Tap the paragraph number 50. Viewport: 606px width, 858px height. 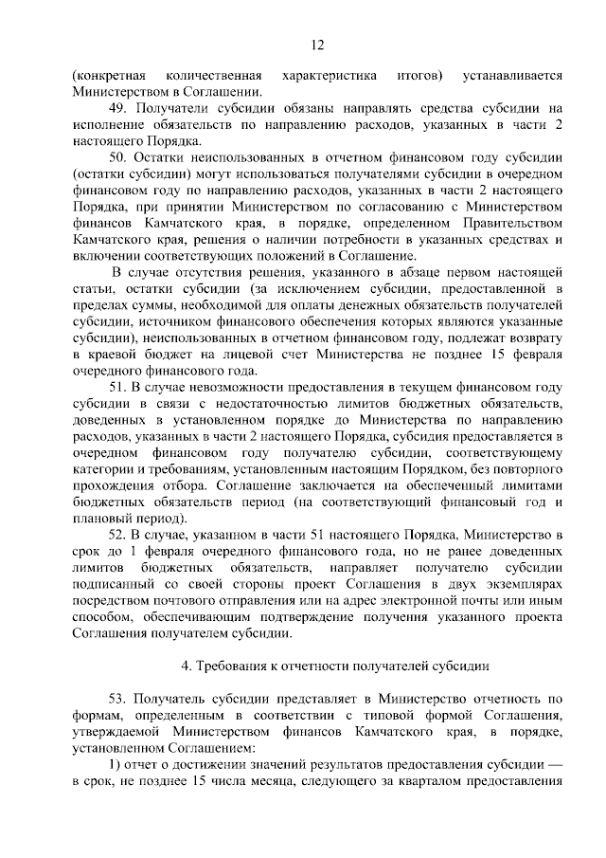118,157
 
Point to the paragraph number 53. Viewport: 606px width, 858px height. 118,695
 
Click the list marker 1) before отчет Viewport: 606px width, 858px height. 116,762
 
